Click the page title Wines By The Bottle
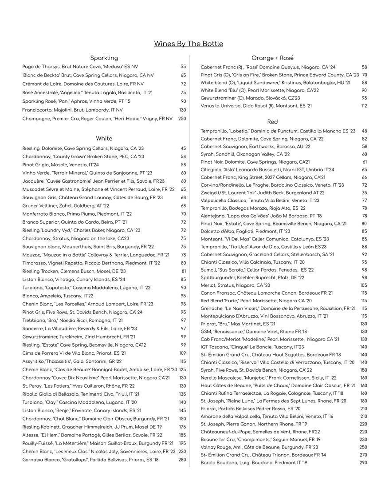(x=188, y=44)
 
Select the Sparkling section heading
(x=104, y=58)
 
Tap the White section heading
(x=104, y=139)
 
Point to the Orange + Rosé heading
(x=272, y=58)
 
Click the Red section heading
(x=272, y=122)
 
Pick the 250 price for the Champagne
(x=182, y=119)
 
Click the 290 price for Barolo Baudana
(x=363, y=463)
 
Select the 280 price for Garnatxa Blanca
(x=182, y=460)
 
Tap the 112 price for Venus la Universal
(x=364, y=106)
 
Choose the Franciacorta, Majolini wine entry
(x=73, y=110)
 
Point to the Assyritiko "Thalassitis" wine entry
(x=72, y=361)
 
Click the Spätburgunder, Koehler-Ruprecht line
(x=252, y=277)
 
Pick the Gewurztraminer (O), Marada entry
(x=250, y=98)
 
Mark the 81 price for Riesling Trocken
(x=183, y=271)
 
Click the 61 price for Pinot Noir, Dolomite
(x=365, y=162)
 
